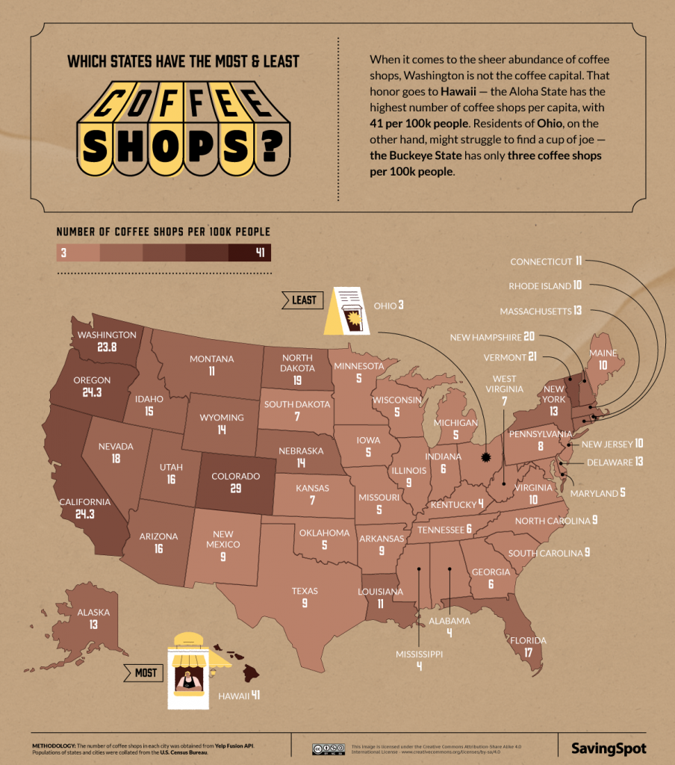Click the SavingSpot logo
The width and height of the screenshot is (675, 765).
tap(609, 747)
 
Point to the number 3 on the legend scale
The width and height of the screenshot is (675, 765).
tap(64, 253)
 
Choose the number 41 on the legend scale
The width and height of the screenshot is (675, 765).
tap(261, 253)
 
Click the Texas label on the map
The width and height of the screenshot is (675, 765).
tap(305, 591)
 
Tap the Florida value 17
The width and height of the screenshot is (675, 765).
tap(528, 652)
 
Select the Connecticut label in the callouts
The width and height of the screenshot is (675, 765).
tap(541, 261)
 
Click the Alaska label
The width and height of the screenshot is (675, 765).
tap(93, 613)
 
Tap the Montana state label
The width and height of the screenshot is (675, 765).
tap(212, 359)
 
